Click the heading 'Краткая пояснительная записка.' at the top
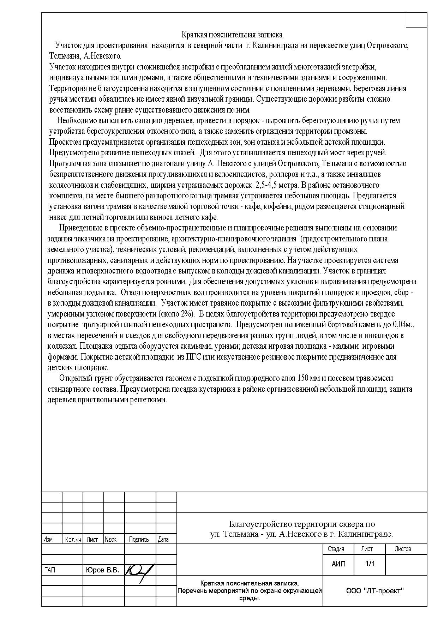coord(233,35)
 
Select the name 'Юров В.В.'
coord(102,570)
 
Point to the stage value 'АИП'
coord(338,564)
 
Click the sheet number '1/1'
coord(370,564)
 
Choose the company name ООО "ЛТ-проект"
coord(375,591)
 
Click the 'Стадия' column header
coord(336,549)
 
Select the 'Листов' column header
coord(403,549)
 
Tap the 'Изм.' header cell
coord(48,540)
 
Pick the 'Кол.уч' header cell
coord(73,540)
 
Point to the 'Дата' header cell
coord(163,540)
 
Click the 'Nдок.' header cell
coord(111,540)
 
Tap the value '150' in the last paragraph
coord(304,378)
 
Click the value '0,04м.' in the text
coord(403,324)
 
